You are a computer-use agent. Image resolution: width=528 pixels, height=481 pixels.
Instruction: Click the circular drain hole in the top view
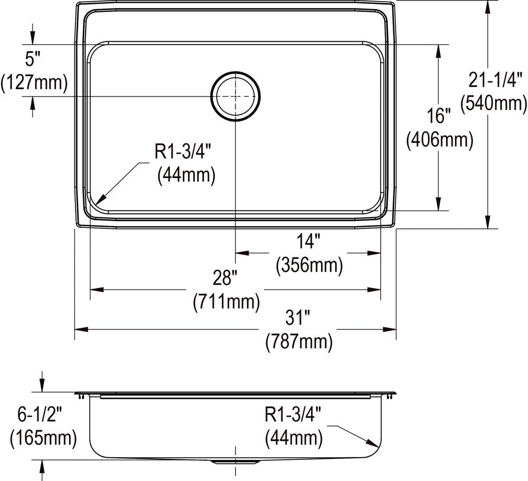[x=235, y=96]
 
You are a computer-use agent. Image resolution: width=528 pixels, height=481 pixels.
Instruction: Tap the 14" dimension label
[x=309, y=242]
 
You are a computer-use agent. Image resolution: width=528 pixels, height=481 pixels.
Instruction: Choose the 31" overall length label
[x=298, y=319]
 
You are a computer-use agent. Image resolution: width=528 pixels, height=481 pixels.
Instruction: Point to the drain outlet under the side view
[x=235, y=462]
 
